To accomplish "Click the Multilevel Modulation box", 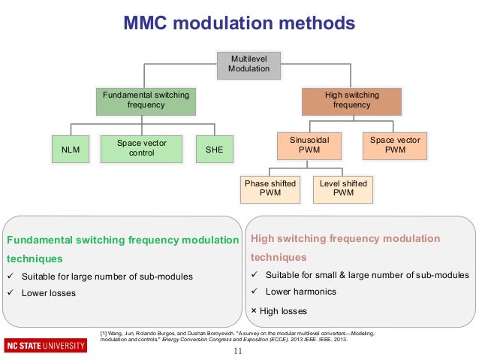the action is pyautogui.click(x=249, y=64).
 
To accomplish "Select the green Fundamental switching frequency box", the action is pyautogui.click(x=146, y=101).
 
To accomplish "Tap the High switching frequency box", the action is pyautogui.click(x=352, y=101).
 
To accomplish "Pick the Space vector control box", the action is pyautogui.click(x=142, y=148).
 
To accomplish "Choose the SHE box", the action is pyautogui.click(x=214, y=149).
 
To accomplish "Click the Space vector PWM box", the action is pyautogui.click(x=395, y=145).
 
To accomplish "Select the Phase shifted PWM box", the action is pyautogui.click(x=270, y=188).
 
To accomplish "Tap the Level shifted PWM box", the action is pyautogui.click(x=343, y=188).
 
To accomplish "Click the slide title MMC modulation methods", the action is pyautogui.click(x=239, y=24).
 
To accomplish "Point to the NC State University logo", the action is pyautogui.click(x=44, y=346).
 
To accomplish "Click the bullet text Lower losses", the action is pyautogui.click(x=49, y=293).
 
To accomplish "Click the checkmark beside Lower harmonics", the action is pyautogui.click(x=255, y=292).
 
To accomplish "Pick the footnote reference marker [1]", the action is pyautogui.click(x=104, y=332).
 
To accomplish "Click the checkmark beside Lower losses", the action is pyautogui.click(x=11, y=293).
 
